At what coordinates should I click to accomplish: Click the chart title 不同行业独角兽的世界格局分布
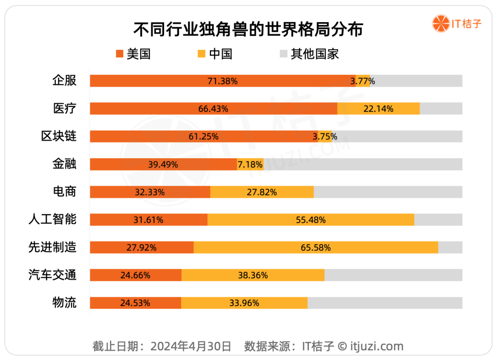click(248, 29)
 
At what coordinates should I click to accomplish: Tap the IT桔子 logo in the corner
click(456, 24)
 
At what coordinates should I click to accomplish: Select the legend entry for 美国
click(133, 54)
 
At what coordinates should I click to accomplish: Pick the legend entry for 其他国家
click(309, 54)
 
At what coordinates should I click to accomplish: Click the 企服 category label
click(64, 81)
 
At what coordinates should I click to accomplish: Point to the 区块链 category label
click(59, 136)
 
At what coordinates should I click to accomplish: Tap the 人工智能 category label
click(53, 219)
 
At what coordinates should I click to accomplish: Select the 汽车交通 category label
click(53, 275)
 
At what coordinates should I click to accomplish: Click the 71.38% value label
click(222, 81)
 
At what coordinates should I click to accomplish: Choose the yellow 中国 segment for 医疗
click(378, 109)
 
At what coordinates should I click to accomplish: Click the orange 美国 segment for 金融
click(163, 164)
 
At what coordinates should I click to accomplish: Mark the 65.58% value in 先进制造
click(316, 248)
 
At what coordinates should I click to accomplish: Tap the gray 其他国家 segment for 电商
click(387, 192)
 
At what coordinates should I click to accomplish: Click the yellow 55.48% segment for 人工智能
click(311, 220)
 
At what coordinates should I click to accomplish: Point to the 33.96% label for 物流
click(244, 303)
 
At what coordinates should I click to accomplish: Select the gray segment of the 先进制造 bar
click(450, 248)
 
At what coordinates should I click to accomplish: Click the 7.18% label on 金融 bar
click(250, 164)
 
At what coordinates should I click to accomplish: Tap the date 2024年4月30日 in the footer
click(191, 346)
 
